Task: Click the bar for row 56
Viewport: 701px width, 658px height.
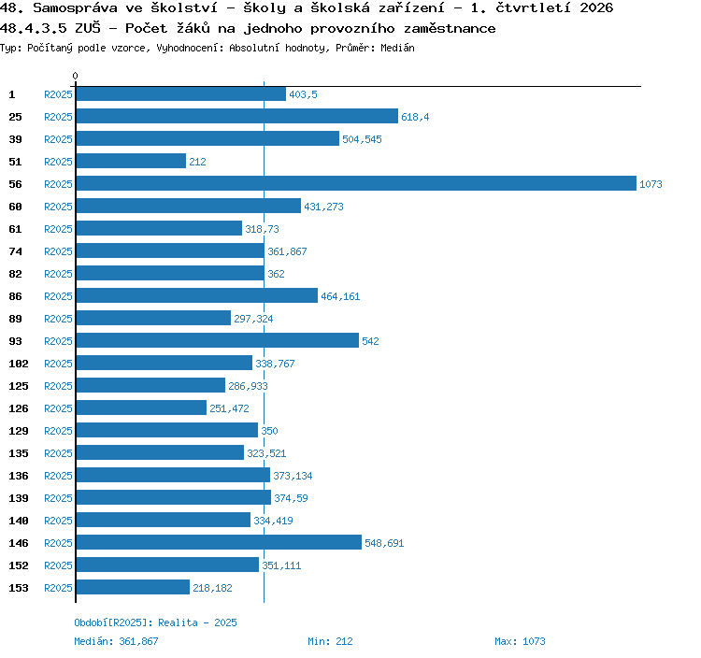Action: click(x=356, y=183)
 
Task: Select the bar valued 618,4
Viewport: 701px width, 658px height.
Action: click(x=237, y=116)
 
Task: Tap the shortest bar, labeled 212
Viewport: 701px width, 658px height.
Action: click(x=131, y=161)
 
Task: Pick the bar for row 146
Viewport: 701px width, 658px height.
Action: click(x=219, y=542)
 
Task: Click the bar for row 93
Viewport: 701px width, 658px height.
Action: click(x=217, y=340)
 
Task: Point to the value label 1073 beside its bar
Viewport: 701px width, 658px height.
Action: click(x=651, y=184)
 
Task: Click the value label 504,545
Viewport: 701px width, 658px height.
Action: click(x=362, y=139)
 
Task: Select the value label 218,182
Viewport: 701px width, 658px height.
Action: click(x=212, y=588)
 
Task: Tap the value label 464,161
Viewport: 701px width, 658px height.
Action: click(x=340, y=296)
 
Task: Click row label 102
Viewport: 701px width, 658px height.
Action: click(x=19, y=364)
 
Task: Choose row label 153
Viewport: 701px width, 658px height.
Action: click(x=19, y=588)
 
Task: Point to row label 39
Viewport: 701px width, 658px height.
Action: click(x=15, y=139)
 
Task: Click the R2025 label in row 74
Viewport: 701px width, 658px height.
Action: click(x=58, y=251)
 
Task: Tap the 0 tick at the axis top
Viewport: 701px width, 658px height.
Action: click(x=75, y=76)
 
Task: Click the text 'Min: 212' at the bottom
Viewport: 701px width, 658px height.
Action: click(x=330, y=641)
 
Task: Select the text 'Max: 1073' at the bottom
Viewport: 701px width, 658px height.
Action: click(x=520, y=641)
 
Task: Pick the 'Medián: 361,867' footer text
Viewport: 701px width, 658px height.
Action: click(x=116, y=641)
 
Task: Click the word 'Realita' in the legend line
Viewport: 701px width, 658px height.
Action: click(x=178, y=622)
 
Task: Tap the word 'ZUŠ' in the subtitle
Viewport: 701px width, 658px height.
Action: click(x=88, y=28)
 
